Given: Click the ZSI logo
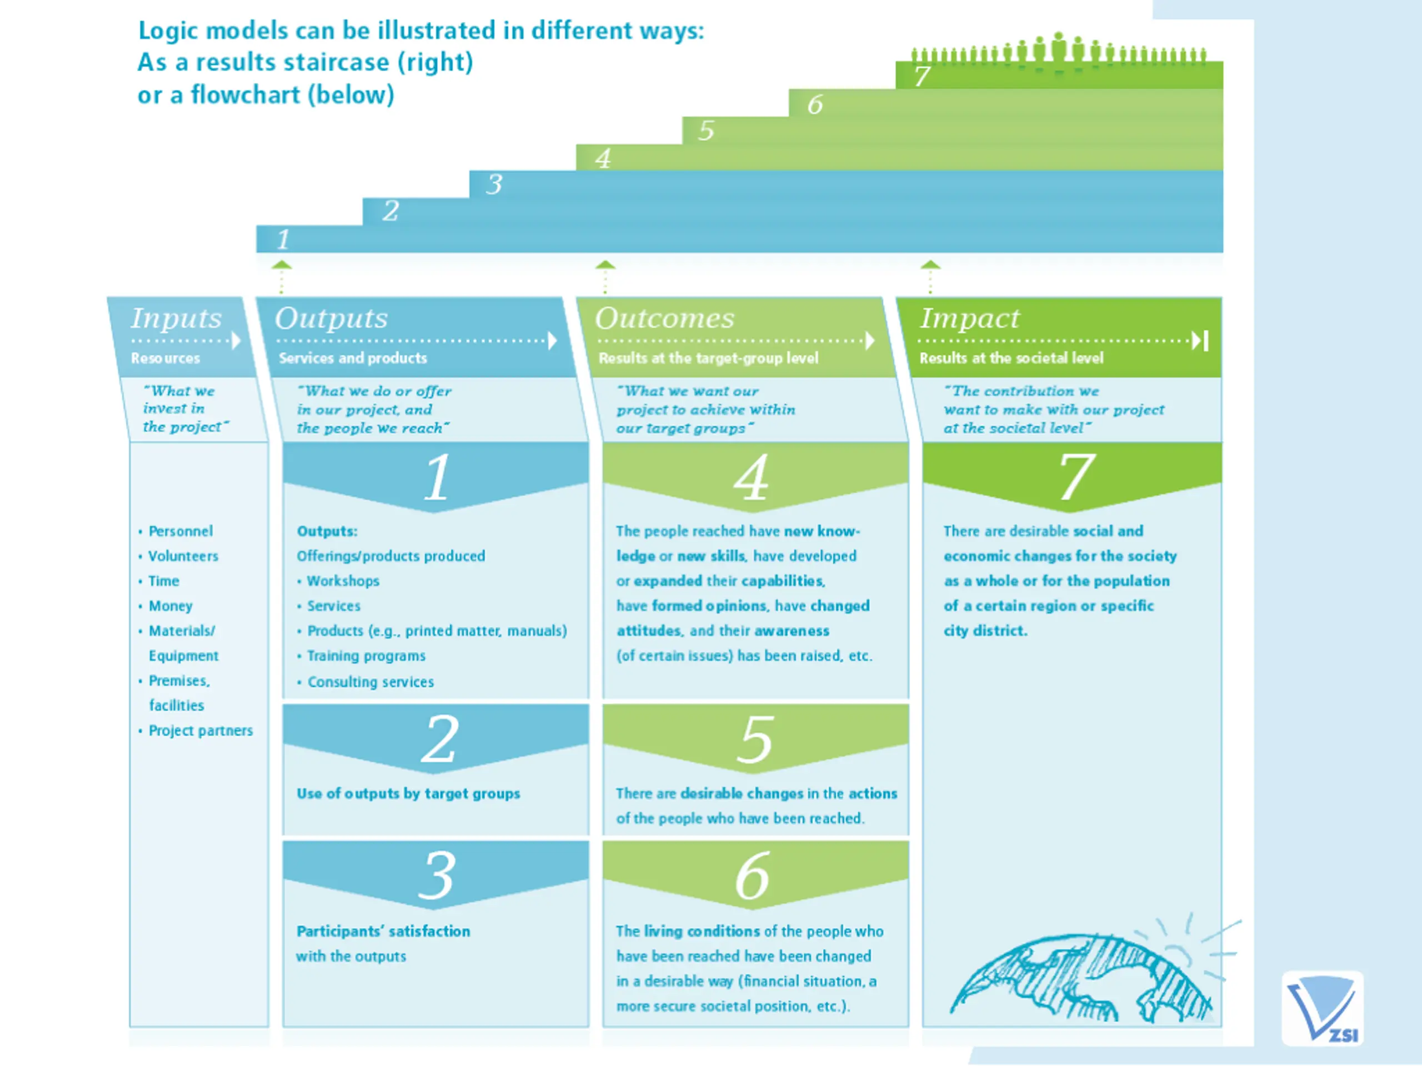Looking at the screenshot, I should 1323,1008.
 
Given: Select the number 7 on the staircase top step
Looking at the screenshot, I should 922,76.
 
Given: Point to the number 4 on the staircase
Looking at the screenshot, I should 602,158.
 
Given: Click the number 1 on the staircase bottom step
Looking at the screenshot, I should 283,240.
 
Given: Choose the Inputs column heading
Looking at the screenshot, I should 176,318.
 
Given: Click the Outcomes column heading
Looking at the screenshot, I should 664,318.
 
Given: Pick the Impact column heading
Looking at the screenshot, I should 969,318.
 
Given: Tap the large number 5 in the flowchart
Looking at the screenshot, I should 755,740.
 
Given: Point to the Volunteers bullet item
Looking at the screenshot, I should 183,556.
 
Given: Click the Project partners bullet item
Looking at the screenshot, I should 201,731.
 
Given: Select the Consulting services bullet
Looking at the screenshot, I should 370,682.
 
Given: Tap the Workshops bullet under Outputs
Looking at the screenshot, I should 343,581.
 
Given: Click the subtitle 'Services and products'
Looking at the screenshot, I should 352,358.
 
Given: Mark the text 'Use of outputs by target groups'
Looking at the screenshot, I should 408,793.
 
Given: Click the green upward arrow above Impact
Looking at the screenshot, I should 930,265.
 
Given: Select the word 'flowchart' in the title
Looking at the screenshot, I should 245,95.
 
